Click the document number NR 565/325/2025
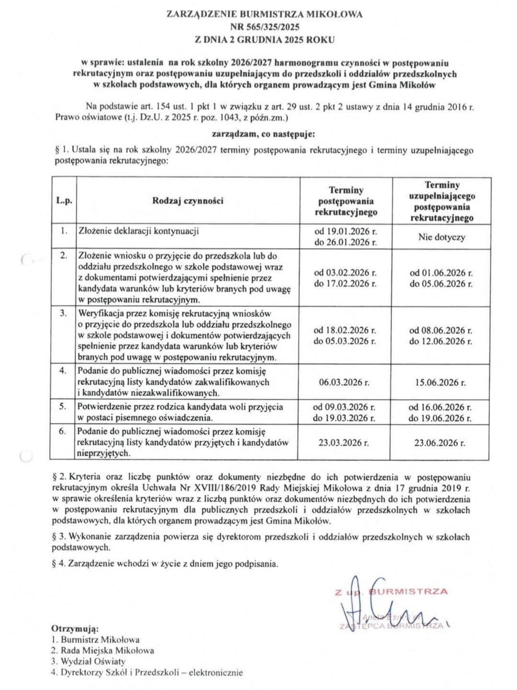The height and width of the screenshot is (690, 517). (265, 27)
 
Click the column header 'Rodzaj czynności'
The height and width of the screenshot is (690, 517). (188, 201)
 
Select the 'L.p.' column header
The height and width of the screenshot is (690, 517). (64, 201)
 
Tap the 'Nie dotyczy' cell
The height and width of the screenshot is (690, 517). (442, 237)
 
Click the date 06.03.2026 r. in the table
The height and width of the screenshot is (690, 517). (344, 382)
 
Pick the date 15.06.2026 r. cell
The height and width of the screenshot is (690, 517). (440, 382)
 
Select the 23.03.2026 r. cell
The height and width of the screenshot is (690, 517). (344, 443)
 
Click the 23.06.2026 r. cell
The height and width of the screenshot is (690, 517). (440, 443)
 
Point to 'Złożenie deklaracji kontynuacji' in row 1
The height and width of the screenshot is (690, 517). (139, 231)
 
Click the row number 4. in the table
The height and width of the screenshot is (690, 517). (63, 370)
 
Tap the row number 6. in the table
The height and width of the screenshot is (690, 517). (63, 432)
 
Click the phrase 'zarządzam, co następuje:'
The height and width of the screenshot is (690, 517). (263, 134)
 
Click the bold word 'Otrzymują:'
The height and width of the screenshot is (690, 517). (75, 628)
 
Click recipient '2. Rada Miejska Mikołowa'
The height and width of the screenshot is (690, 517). (103, 650)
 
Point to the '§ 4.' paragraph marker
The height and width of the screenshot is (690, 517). (59, 563)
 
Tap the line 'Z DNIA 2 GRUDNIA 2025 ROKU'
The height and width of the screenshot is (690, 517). (265, 40)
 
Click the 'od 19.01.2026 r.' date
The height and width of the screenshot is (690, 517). (345, 231)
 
